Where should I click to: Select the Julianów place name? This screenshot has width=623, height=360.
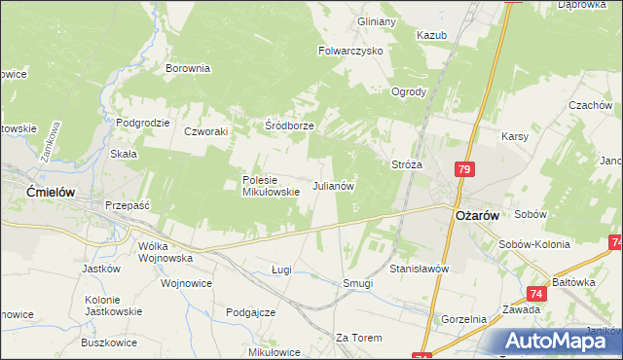[332, 185]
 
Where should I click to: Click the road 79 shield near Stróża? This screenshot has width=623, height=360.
[463, 169]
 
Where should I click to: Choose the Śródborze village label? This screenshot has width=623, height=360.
[289, 126]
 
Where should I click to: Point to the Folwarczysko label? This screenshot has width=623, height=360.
[351, 50]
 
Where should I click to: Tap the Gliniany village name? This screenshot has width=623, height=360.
[377, 21]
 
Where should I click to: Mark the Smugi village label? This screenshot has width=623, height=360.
[358, 283]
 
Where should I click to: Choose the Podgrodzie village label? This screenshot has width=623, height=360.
[143, 123]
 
